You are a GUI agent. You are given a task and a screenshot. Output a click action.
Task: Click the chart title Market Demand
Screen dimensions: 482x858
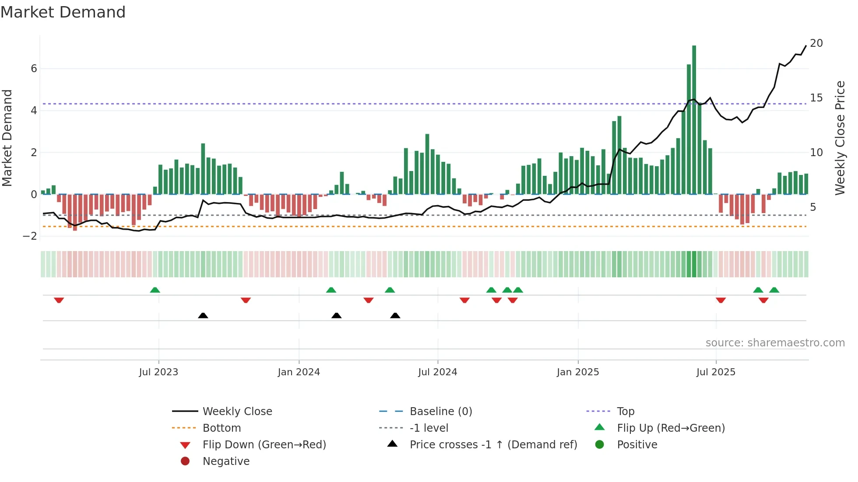[x=63, y=12]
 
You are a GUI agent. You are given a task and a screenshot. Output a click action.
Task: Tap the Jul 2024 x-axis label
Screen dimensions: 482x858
[x=437, y=372]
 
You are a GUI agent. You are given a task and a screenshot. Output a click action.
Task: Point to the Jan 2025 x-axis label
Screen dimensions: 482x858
[x=577, y=372]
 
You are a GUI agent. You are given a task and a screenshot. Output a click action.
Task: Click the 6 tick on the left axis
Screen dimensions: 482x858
[x=34, y=69]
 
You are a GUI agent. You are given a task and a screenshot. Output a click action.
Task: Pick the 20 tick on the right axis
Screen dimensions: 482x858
[x=816, y=43]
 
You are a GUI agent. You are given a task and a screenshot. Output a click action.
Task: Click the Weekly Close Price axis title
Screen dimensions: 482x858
[x=840, y=138]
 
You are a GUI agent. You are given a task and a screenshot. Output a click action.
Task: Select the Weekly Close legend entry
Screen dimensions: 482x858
[x=237, y=412]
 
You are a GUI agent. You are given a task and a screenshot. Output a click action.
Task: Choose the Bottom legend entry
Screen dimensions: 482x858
[x=222, y=428]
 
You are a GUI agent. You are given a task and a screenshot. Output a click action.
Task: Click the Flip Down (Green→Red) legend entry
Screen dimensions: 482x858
[x=264, y=445]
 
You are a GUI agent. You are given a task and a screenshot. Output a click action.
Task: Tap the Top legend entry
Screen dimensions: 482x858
[x=625, y=412]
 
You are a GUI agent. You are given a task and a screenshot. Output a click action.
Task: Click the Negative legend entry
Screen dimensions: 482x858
[x=226, y=461]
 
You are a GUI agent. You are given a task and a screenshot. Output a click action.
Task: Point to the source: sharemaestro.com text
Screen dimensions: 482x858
[x=775, y=343]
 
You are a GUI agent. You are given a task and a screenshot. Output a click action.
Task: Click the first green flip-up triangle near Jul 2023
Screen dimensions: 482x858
[x=155, y=290]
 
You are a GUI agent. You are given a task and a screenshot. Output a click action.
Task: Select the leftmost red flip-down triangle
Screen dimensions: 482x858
[x=59, y=300]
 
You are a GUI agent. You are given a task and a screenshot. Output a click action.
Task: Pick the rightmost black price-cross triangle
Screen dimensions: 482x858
[x=395, y=315]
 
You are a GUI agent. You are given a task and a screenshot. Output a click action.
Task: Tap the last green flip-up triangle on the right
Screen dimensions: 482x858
[x=774, y=290]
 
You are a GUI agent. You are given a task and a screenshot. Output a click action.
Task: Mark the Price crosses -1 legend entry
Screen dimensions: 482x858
[x=493, y=445]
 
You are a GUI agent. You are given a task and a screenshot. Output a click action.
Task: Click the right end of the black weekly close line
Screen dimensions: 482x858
[x=805, y=46]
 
